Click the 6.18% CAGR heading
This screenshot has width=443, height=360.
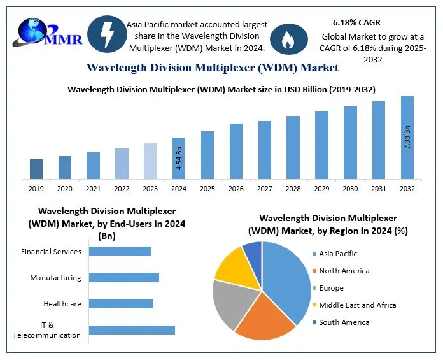pyautogui.click(x=356, y=23)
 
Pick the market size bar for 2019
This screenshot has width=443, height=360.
pyautogui.click(x=36, y=169)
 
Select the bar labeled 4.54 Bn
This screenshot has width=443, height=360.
pyautogui.click(x=179, y=158)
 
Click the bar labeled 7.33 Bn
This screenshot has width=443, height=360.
pyautogui.click(x=407, y=138)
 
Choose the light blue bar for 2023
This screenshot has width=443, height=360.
pyautogui.click(x=150, y=161)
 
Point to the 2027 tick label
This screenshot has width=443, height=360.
pyautogui.click(x=264, y=189)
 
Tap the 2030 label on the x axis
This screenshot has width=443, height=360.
pyautogui.click(x=350, y=189)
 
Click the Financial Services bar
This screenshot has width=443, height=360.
pyautogui.click(x=120, y=251)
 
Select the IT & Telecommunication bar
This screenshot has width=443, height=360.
pyautogui.click(x=132, y=329)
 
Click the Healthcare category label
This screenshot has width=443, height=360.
pyautogui.click(x=62, y=304)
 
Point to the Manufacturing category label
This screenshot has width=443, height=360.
pyautogui.click(x=55, y=278)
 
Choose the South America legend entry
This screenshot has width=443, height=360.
pyautogui.click(x=344, y=322)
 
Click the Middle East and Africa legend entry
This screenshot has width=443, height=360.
pyautogui.click(x=357, y=305)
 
